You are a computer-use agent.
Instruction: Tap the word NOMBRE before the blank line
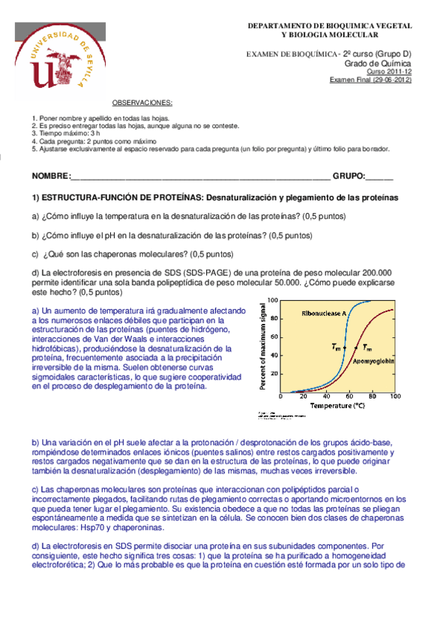point(48,177)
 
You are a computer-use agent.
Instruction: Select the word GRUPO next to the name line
point(348,177)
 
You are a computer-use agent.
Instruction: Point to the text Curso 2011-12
point(390,71)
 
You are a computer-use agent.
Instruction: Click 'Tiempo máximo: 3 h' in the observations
point(67,132)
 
